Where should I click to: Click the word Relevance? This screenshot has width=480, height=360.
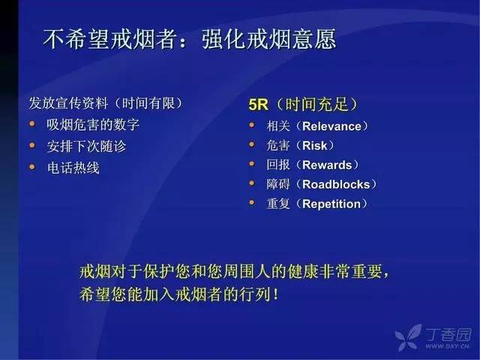pos(331,127)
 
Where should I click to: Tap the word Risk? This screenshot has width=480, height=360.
pos(315,145)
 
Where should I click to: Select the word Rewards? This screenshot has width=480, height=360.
pos(327,165)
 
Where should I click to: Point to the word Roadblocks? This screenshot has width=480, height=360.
pos(336,184)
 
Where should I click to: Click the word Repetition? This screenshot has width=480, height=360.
pos(331,204)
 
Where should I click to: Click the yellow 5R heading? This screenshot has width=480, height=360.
pos(258,105)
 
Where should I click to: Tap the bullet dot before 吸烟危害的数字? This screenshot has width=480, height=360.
pos(32,124)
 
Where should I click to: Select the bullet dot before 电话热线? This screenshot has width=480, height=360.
pos(32,166)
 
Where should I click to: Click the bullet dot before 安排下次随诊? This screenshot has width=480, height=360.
pos(32,145)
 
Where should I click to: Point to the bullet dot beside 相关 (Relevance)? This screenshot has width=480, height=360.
pos(252,124)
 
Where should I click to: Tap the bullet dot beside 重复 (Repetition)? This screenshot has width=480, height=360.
pos(252,202)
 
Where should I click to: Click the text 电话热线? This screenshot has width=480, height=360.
pos(73,168)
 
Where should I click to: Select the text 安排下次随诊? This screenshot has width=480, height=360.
pos(86,146)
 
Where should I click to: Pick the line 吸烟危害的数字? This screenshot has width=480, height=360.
pos(93,125)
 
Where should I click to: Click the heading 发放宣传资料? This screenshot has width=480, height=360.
pos(68,103)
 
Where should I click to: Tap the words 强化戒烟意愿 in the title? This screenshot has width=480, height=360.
pos(268,39)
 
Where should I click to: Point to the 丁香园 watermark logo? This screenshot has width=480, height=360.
pos(433,337)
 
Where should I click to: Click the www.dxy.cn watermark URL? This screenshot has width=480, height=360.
pos(447,346)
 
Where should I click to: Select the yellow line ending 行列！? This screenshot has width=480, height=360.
pos(179,295)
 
